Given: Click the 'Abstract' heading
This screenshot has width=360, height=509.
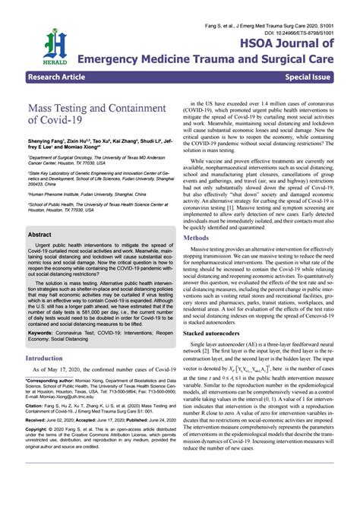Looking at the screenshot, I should coord(39,235).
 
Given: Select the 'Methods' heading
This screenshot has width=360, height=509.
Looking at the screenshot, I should coord(196,217).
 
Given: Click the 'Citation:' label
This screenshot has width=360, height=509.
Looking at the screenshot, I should coord(36,427).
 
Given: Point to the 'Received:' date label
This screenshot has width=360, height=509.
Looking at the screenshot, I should coord(38,441).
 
